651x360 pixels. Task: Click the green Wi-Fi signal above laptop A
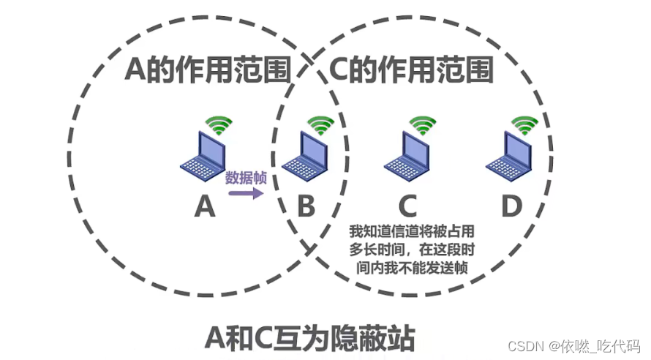click(x=218, y=126)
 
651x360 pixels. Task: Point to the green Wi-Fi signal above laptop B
click(x=320, y=126)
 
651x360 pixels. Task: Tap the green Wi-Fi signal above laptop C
click(x=422, y=126)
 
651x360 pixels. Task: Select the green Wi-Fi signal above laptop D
click(x=523, y=126)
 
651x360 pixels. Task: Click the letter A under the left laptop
click(x=205, y=207)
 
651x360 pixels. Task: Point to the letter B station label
click(x=306, y=207)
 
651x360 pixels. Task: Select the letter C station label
click(x=408, y=207)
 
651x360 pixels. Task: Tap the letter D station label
click(x=511, y=207)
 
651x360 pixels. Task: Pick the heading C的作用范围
click(x=409, y=70)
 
